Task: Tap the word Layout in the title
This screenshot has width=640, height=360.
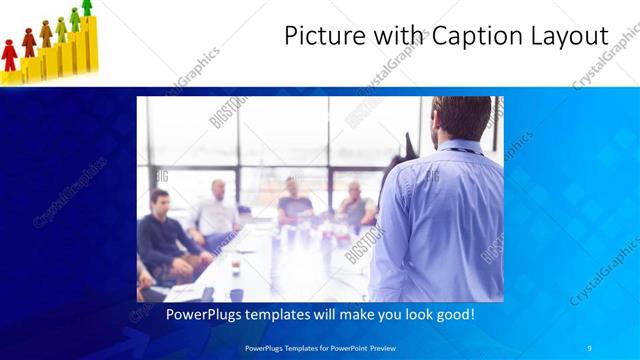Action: [569, 37]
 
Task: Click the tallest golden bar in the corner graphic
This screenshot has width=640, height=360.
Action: [87, 45]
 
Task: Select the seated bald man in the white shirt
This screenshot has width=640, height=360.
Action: [216, 210]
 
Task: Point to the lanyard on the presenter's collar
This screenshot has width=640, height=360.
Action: [460, 151]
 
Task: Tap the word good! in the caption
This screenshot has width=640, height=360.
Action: [453, 314]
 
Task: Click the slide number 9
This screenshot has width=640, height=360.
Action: [589, 347]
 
